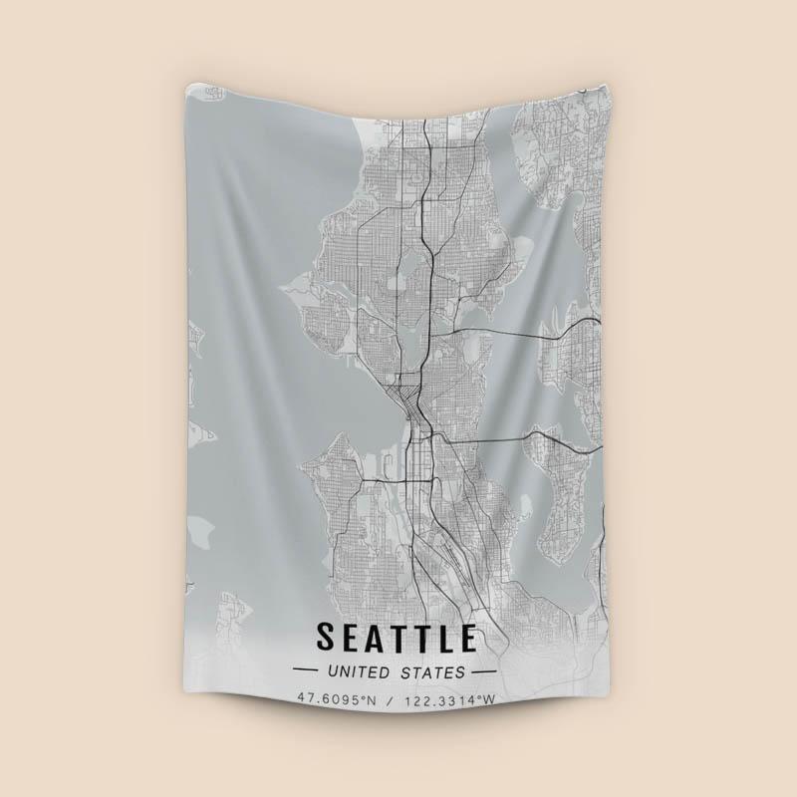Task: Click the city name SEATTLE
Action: click(x=397, y=635)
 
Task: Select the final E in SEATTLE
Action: click(x=466, y=635)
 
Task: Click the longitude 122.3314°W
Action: click(x=448, y=699)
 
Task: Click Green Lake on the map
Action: click(x=407, y=263)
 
